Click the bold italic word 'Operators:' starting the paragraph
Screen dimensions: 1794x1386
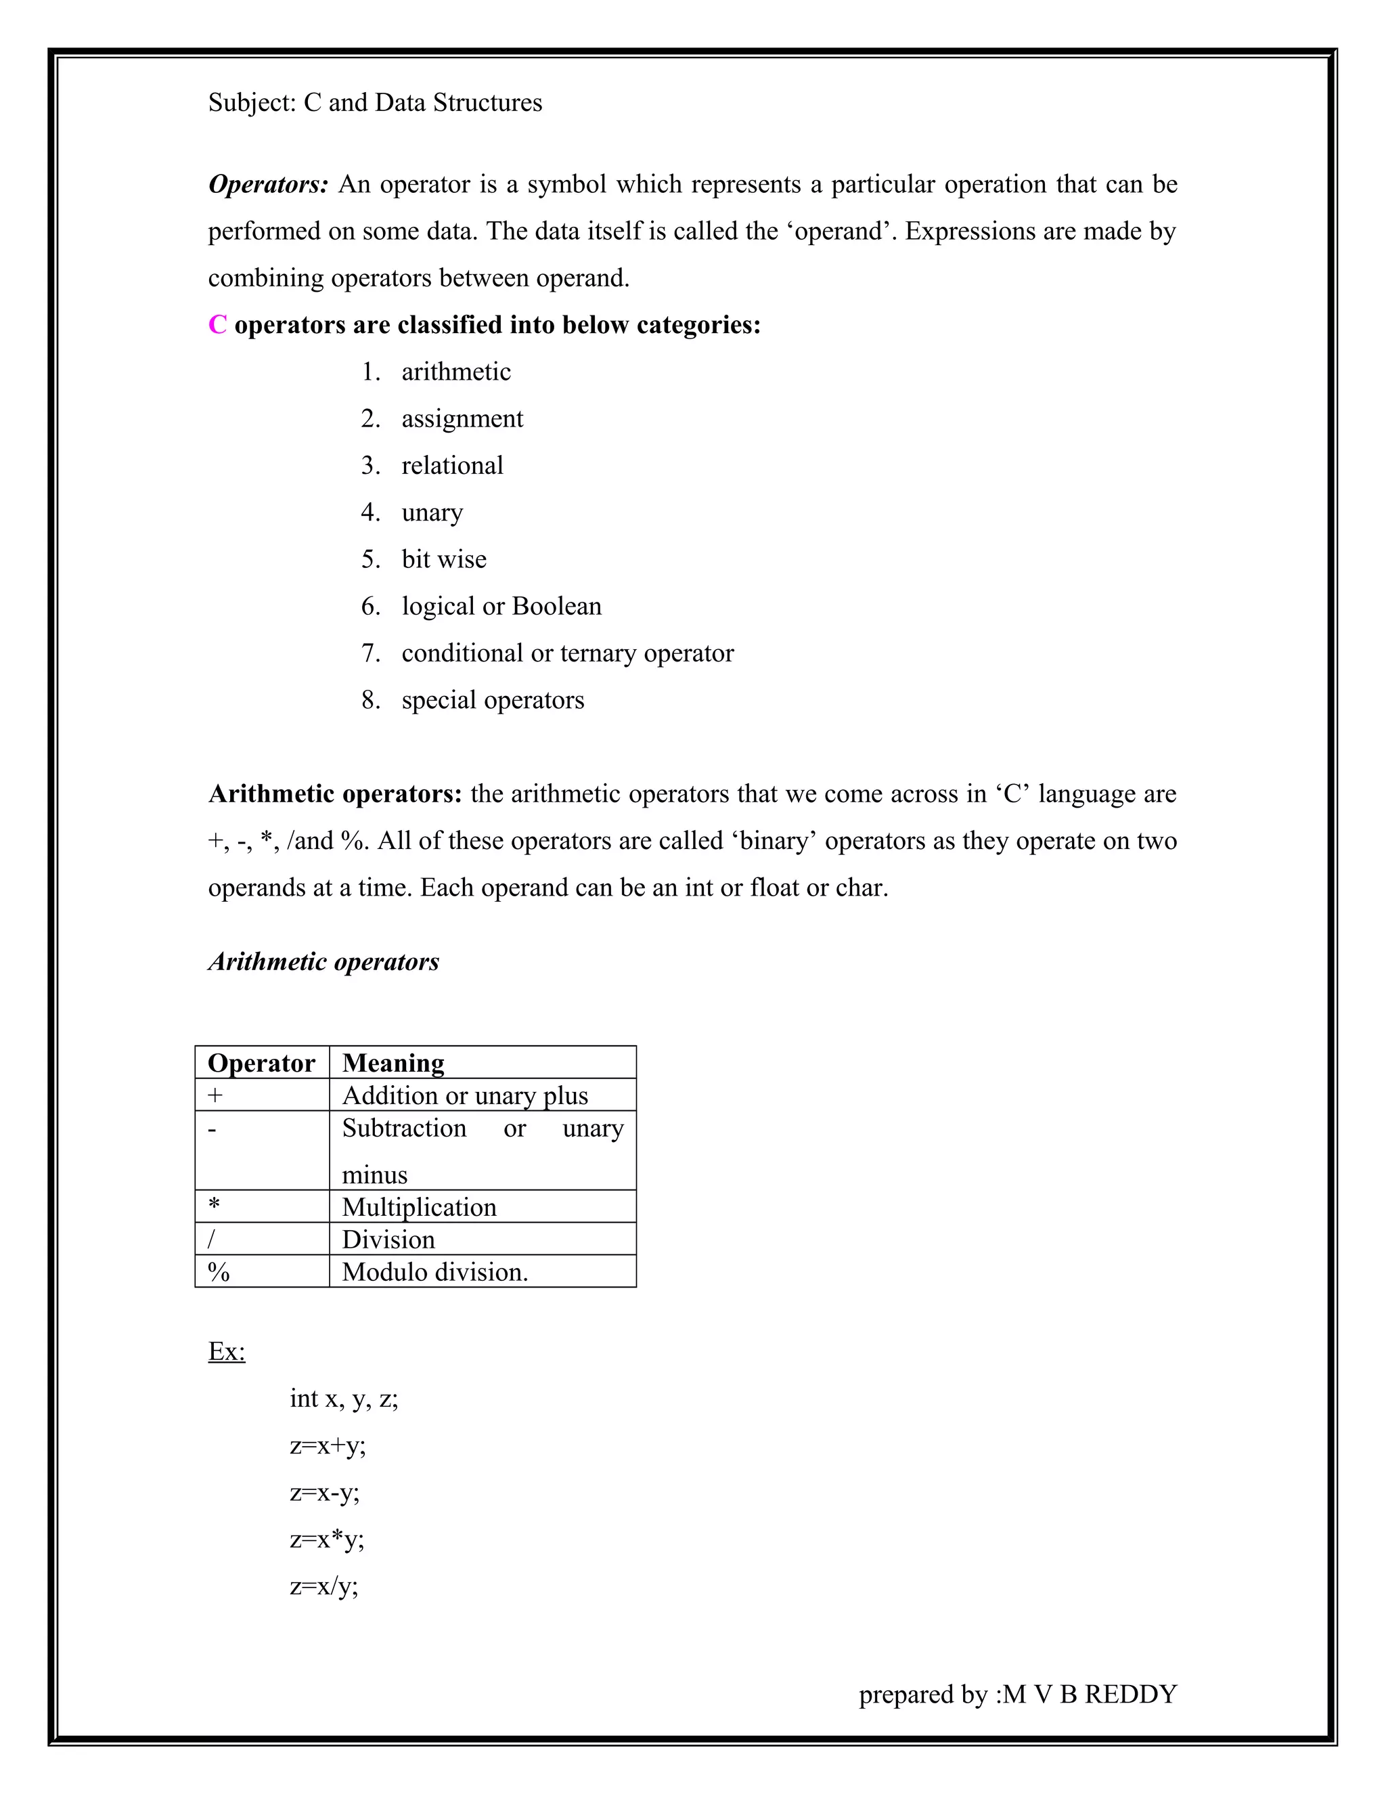coord(268,185)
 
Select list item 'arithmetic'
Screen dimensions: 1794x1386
coord(455,372)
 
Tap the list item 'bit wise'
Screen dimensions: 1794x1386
coord(443,559)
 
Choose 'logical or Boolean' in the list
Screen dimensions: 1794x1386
coord(501,606)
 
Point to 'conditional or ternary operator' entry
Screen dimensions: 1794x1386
coord(566,653)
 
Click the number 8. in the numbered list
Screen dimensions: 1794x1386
coord(370,700)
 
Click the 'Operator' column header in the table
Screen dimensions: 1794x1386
coord(261,1063)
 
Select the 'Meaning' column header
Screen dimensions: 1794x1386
coord(393,1063)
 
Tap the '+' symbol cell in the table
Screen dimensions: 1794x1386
coord(215,1096)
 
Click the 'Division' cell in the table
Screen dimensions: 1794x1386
coord(388,1240)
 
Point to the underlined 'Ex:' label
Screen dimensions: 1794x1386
coord(227,1351)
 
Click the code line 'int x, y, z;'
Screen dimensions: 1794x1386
coord(343,1398)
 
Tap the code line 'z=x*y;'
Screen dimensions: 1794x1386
coord(327,1539)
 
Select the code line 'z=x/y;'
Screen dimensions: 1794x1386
coord(323,1586)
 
